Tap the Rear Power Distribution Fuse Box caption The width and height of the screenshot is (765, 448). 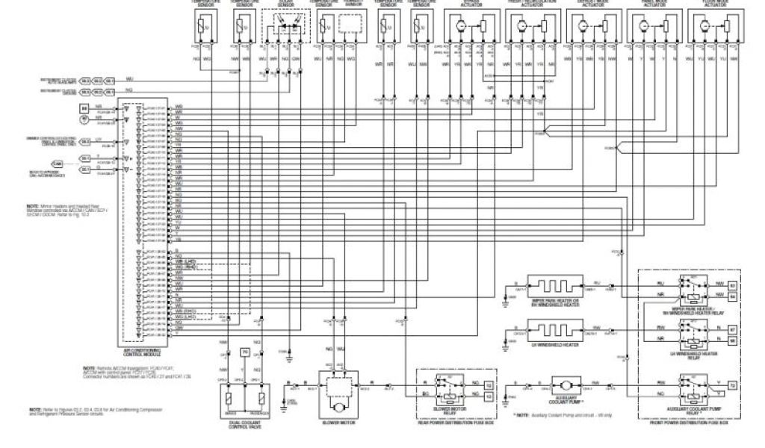pos(454,423)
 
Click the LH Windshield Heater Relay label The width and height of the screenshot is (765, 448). pos(688,355)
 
